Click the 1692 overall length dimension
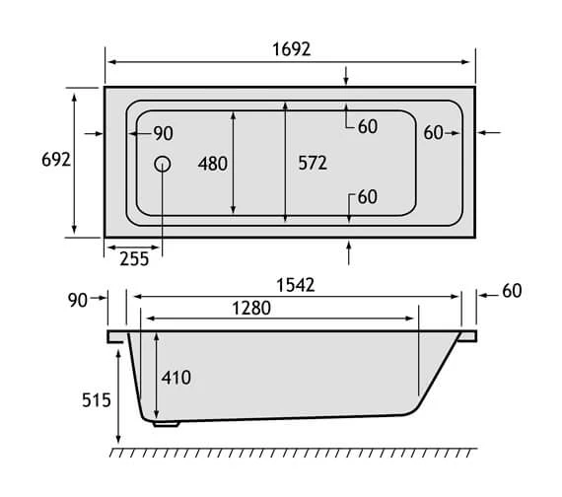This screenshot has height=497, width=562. [x=291, y=49]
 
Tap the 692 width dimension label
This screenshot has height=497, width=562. [x=56, y=159]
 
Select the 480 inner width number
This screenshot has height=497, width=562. [x=213, y=164]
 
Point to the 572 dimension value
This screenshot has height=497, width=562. [x=313, y=163]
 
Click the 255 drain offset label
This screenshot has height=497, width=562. [x=134, y=259]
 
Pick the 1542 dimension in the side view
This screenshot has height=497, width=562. [x=296, y=285]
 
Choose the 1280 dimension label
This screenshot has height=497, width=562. [x=251, y=308]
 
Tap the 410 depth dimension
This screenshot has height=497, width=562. [x=176, y=378]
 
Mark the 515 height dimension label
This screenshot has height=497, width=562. [x=97, y=400]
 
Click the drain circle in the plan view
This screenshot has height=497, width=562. [x=163, y=164]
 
